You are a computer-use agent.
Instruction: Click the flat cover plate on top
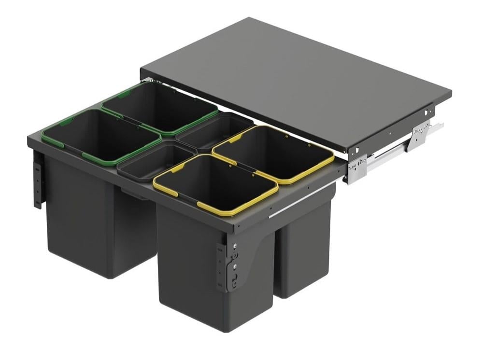295,77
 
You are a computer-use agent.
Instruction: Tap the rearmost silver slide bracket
420,135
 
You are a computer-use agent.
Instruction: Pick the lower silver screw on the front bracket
234,265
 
